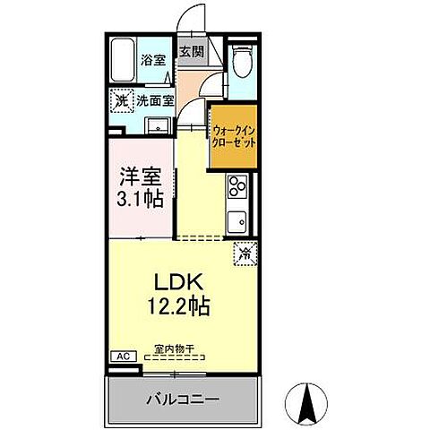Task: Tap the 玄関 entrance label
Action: [191, 52]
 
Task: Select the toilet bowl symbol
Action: [240, 62]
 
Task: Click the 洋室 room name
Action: [142, 175]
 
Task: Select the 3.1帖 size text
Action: [142, 198]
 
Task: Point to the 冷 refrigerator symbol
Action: [244, 254]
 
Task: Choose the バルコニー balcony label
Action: [182, 397]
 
